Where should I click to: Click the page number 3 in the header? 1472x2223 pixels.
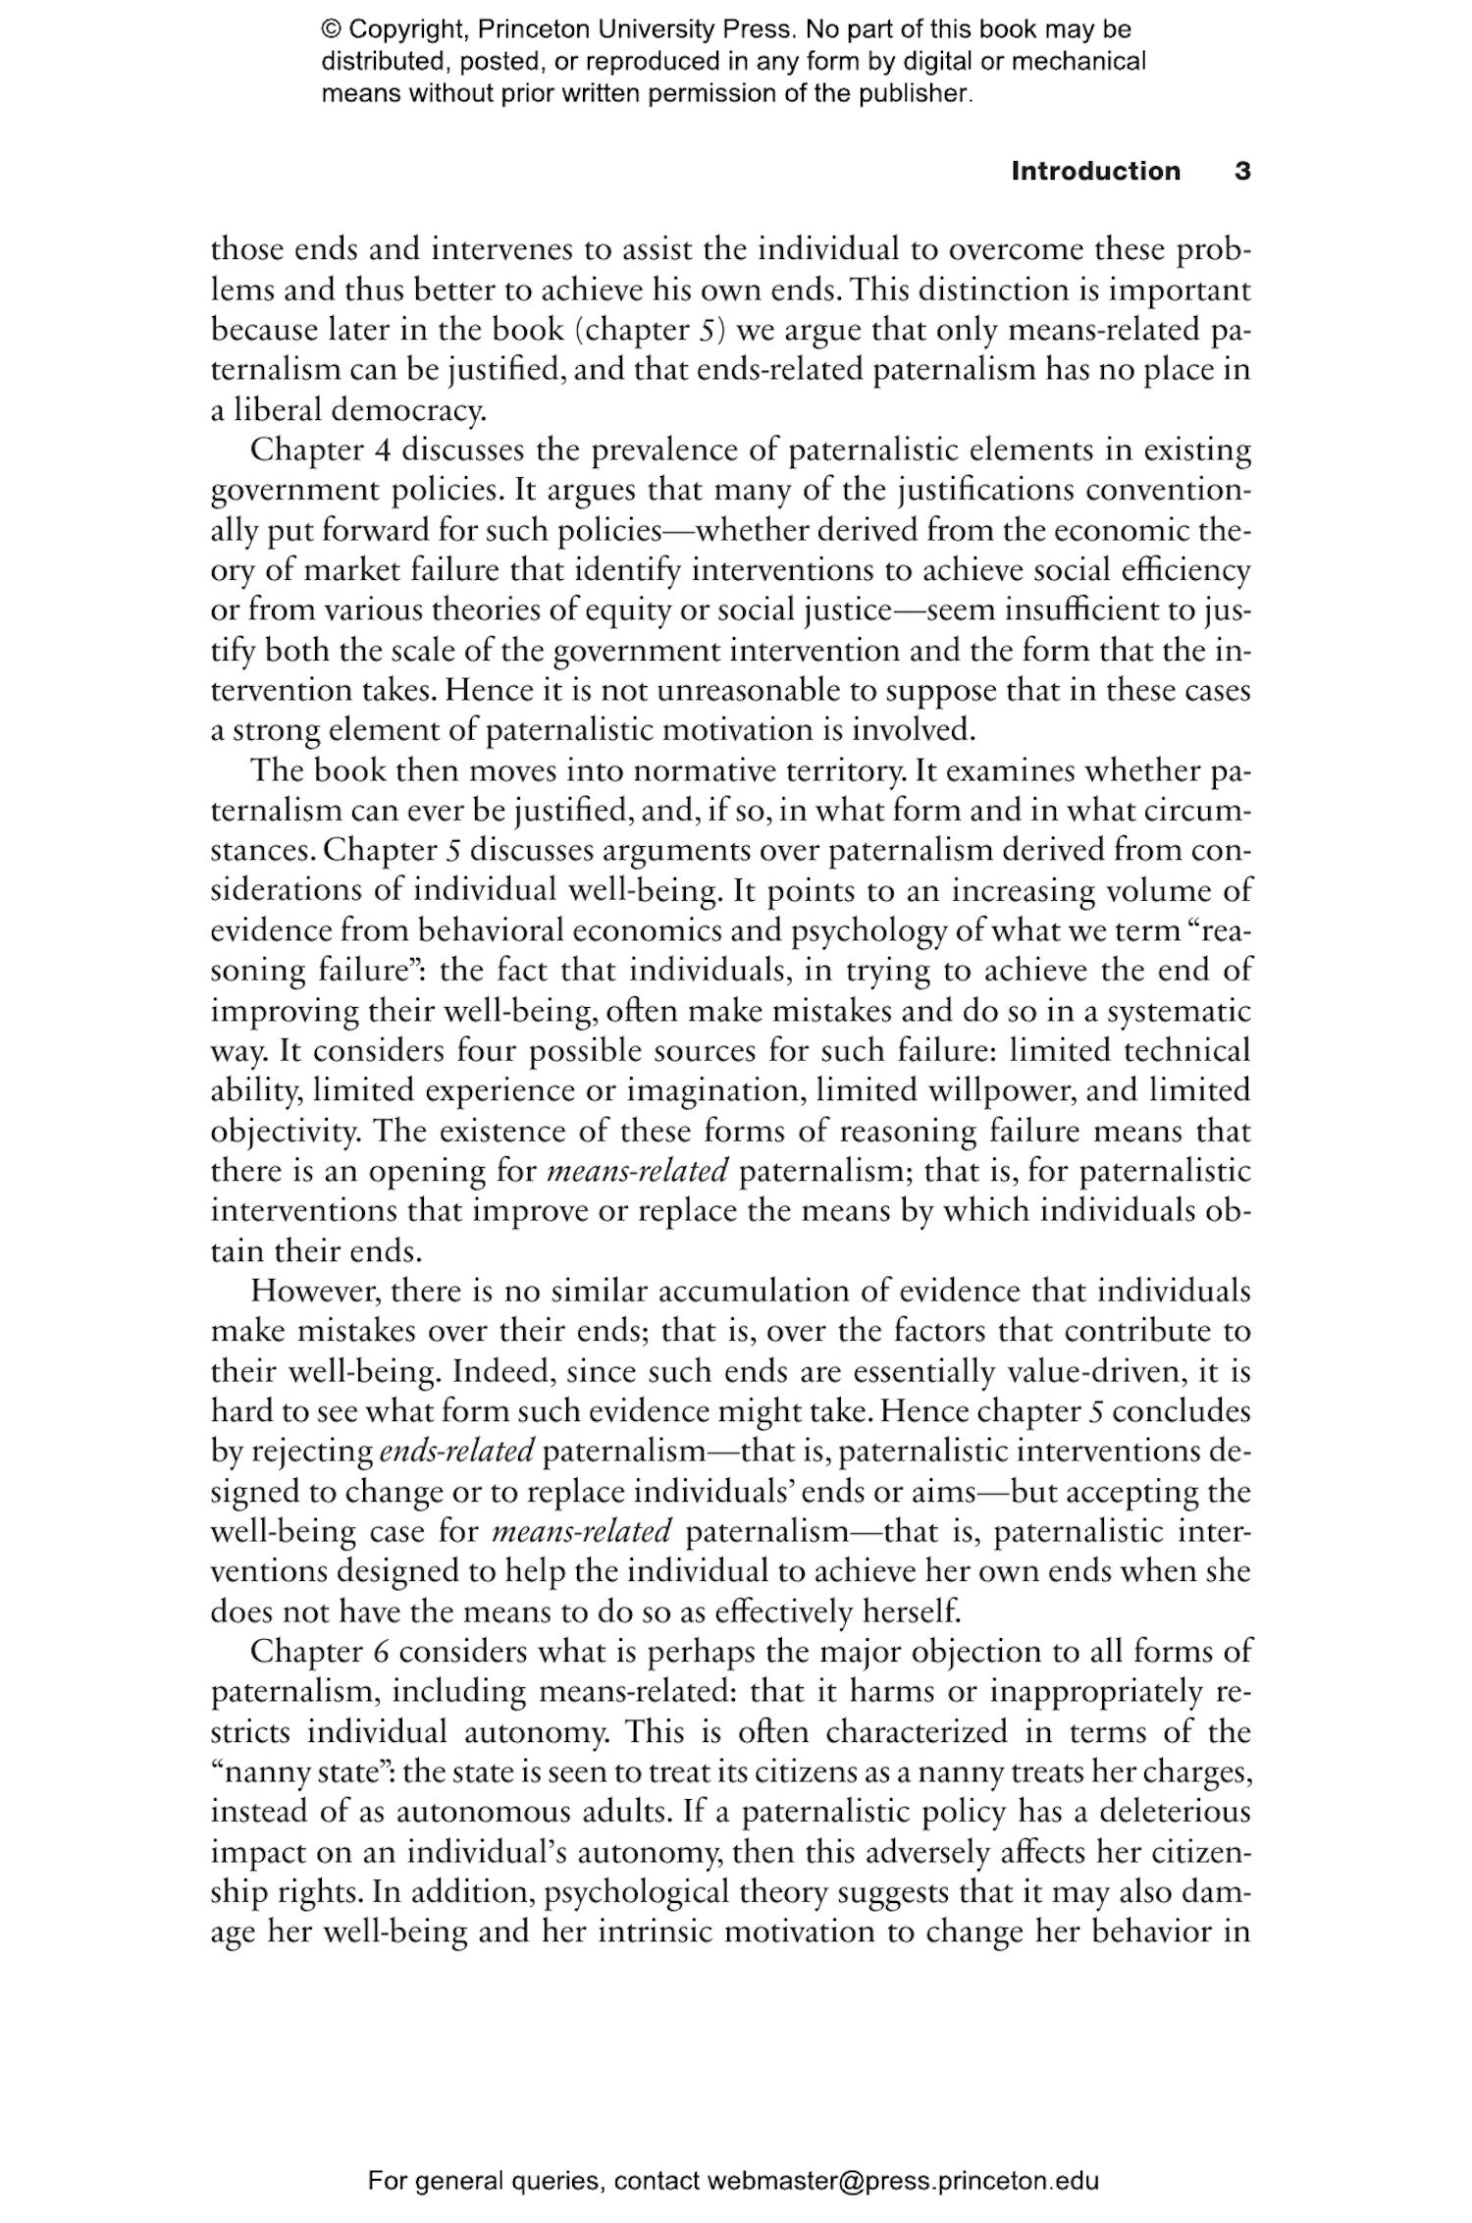pyautogui.click(x=1241, y=171)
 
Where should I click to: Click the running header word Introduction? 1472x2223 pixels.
pyautogui.click(x=1095, y=171)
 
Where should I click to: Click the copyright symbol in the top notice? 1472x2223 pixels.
pyautogui.click(x=331, y=29)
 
